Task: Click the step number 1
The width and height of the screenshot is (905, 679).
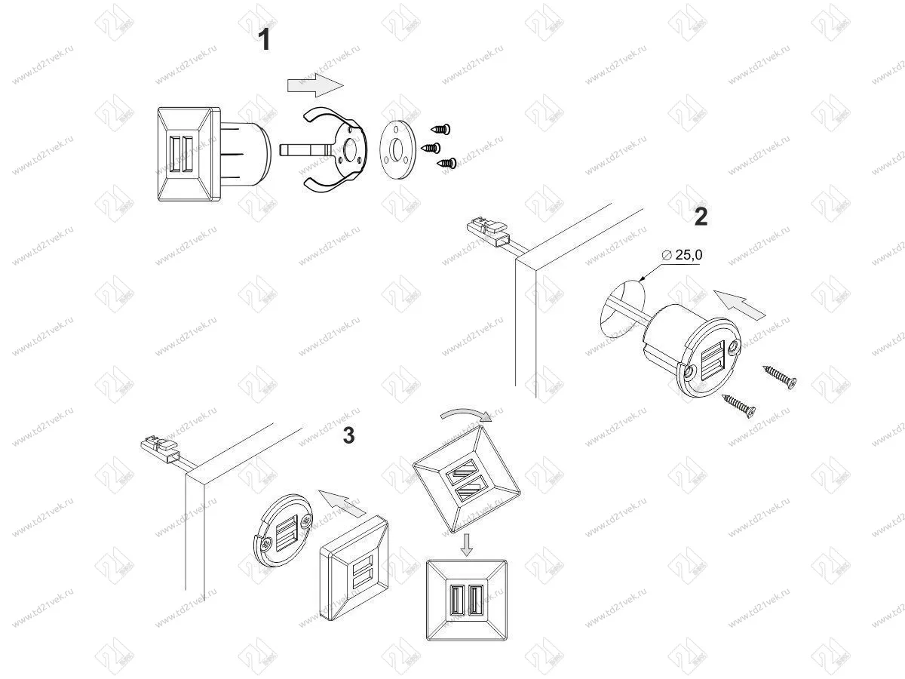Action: tap(263, 38)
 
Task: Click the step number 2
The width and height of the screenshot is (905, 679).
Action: tap(701, 217)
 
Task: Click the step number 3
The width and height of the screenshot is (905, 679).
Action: tap(348, 435)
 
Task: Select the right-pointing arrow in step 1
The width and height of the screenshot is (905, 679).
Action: tap(314, 84)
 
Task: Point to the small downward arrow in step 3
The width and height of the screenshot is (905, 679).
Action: tap(467, 544)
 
